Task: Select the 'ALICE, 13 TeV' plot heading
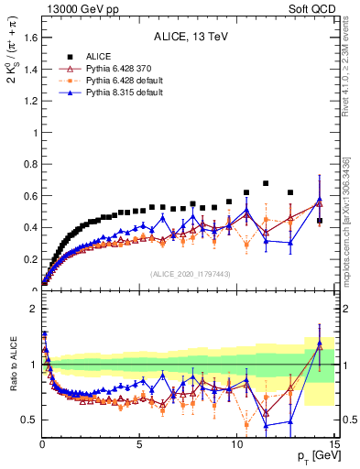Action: (191, 38)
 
